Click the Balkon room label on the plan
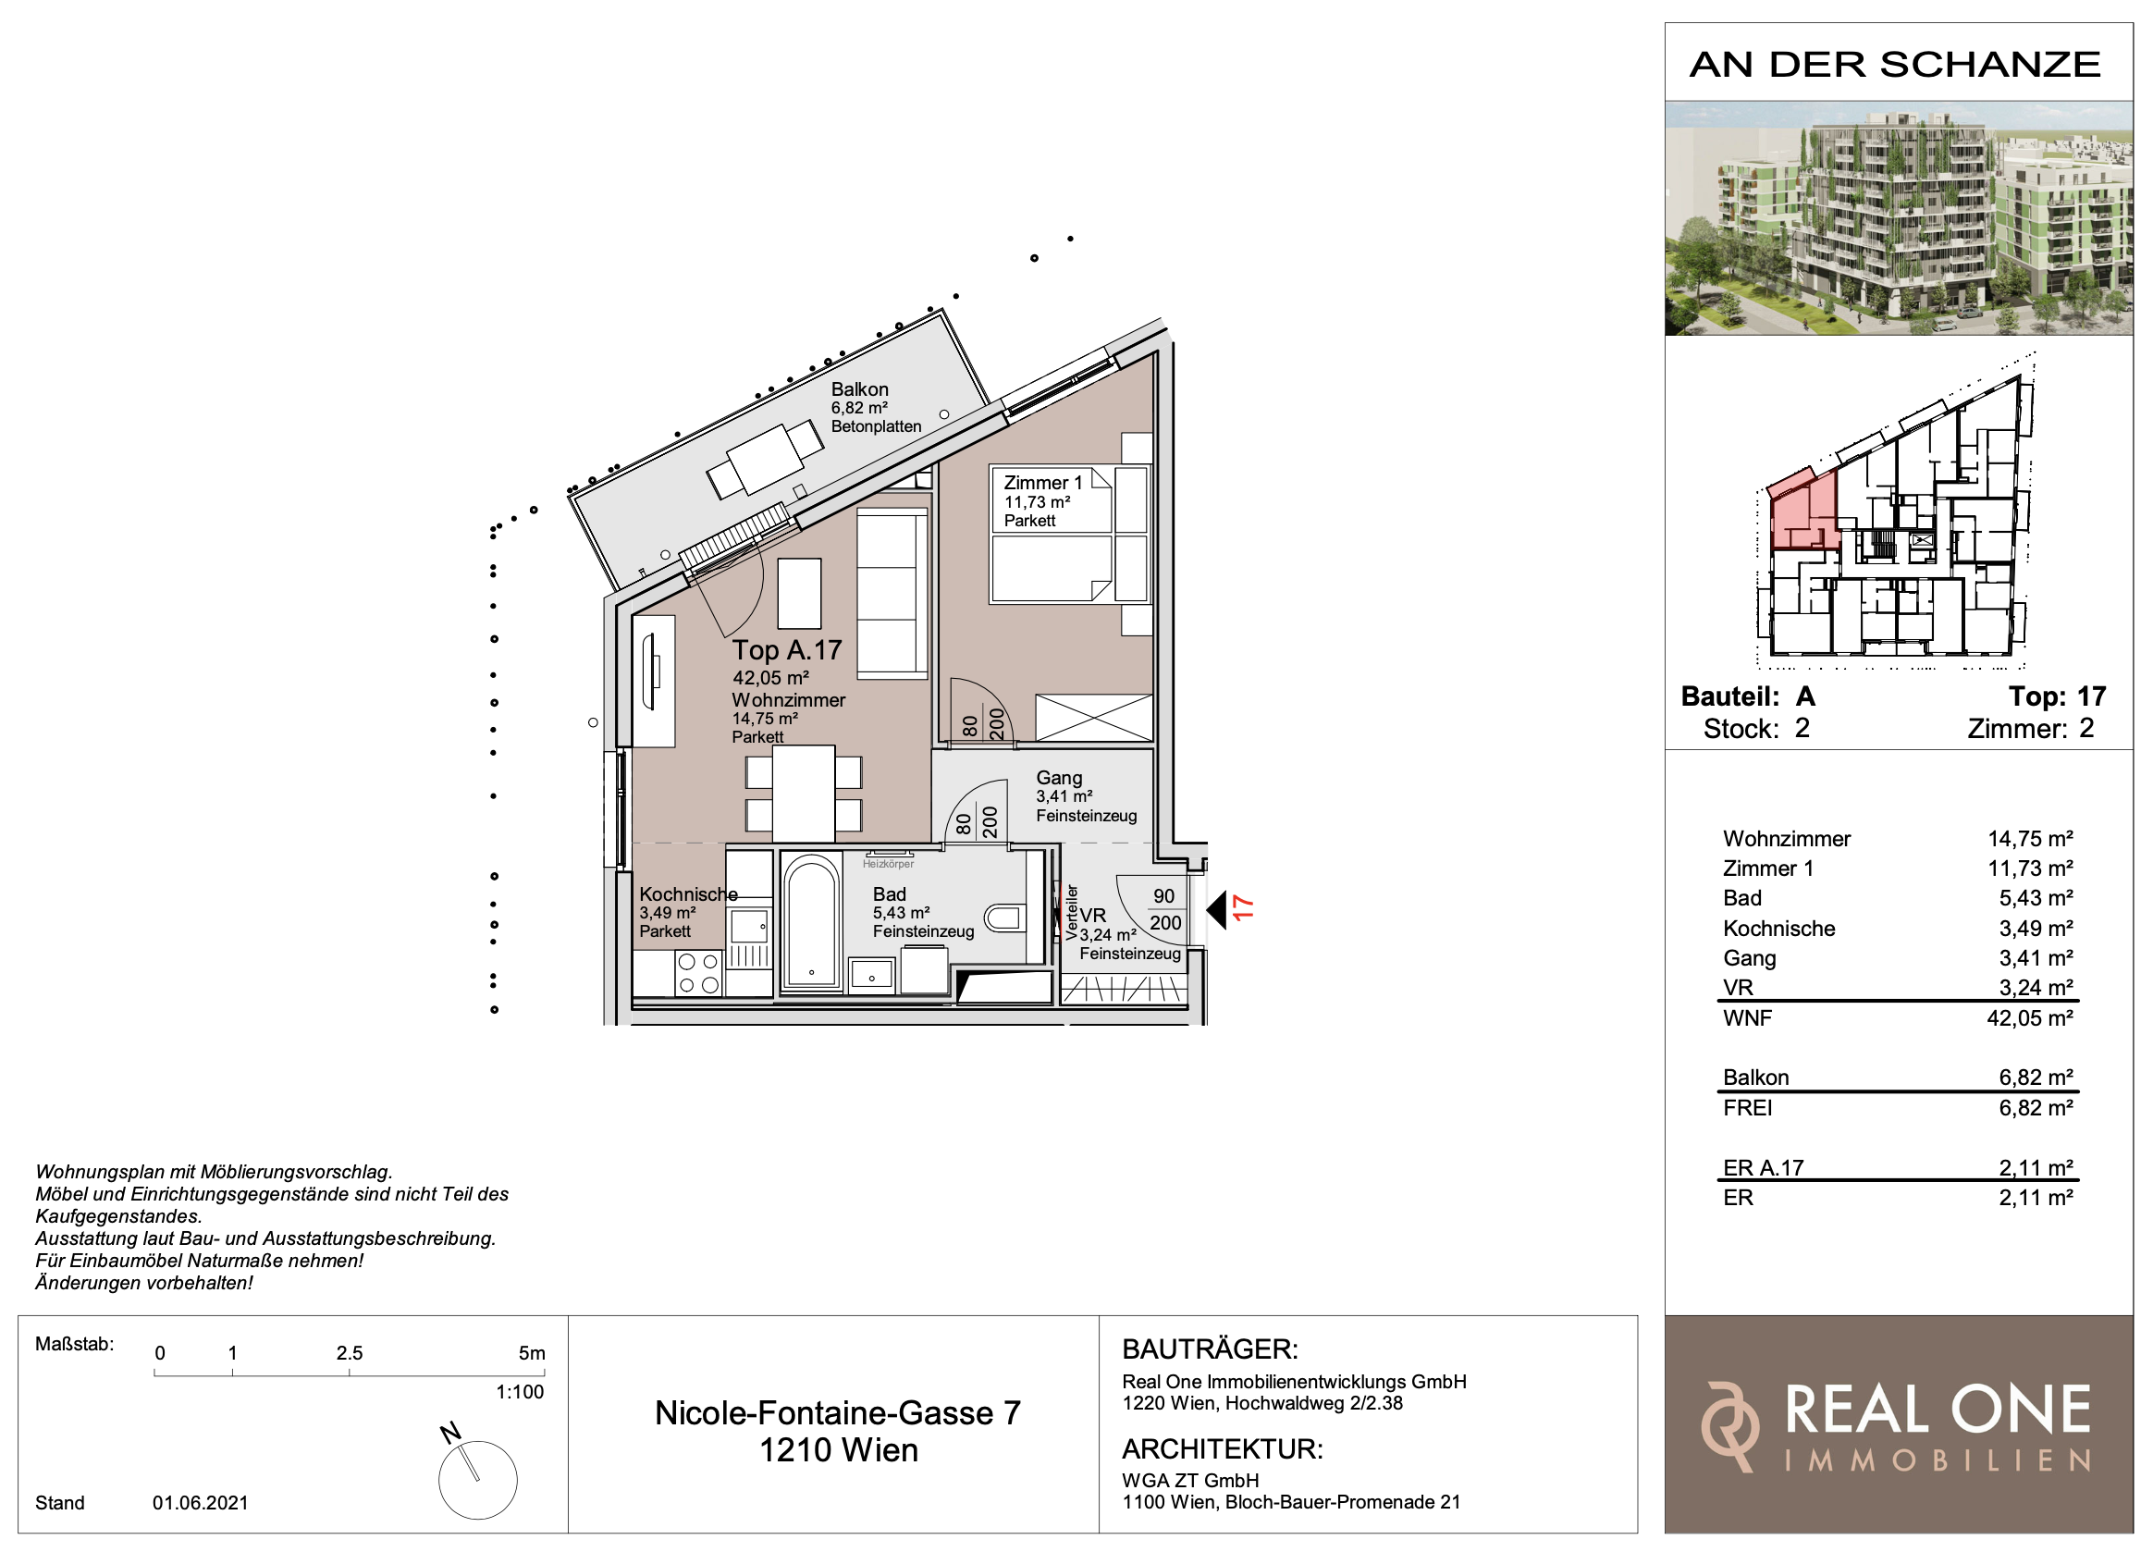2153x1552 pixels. [x=859, y=389]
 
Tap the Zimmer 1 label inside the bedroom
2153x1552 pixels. [x=1042, y=483]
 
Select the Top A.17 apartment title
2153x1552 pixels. [x=787, y=650]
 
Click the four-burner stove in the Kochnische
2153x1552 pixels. [x=698, y=973]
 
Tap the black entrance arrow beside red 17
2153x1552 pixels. [x=1216, y=911]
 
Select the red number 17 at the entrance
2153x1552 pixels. [x=1243, y=908]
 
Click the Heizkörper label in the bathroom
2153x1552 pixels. [x=888, y=864]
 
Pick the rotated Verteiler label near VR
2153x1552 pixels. [x=1072, y=912]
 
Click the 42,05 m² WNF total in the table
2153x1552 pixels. [x=2036, y=1018]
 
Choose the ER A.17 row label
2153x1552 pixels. [x=1763, y=1168]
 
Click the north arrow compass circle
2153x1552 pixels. [x=477, y=1481]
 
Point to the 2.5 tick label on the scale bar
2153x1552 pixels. [x=350, y=1354]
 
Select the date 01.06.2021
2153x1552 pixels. [x=201, y=1504]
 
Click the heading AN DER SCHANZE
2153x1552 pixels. [x=1896, y=65]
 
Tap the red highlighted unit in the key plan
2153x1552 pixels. [x=1802, y=511]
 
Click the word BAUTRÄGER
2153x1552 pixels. [x=1210, y=1349]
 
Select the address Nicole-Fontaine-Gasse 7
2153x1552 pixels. [x=838, y=1413]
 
